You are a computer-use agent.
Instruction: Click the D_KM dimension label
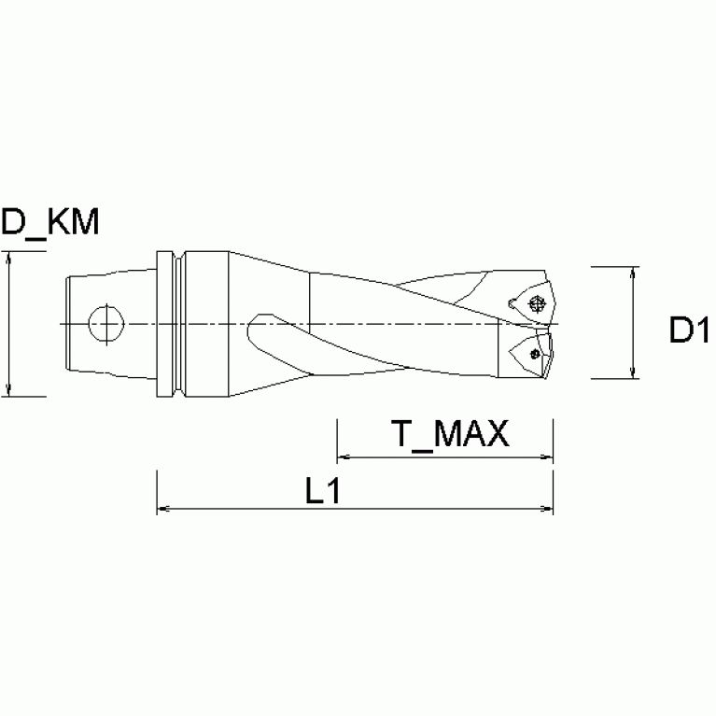pyautogui.click(x=49, y=223)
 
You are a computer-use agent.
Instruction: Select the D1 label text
pyautogui.click(x=690, y=331)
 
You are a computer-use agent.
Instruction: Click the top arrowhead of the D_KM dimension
pyautogui.click(x=8, y=260)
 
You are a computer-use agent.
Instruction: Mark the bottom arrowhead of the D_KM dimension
pyautogui.click(x=8, y=389)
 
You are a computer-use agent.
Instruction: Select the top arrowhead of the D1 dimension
pyautogui.click(x=634, y=274)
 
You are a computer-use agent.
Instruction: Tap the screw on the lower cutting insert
pyautogui.click(x=534, y=353)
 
